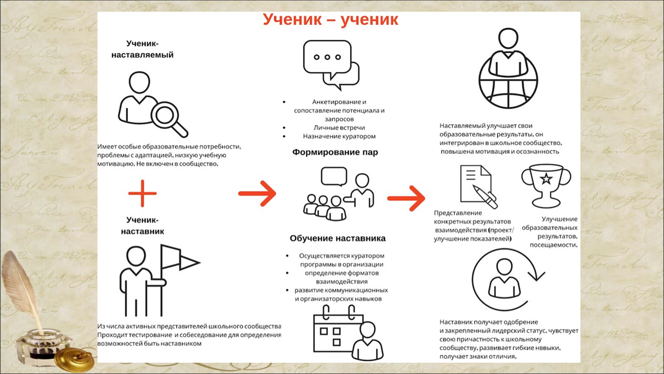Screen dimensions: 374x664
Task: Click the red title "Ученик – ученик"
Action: click(x=330, y=20)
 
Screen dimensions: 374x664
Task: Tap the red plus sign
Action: click(x=143, y=193)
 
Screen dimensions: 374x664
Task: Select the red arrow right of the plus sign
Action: click(x=257, y=193)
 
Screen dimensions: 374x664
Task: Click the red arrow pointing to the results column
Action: click(x=406, y=198)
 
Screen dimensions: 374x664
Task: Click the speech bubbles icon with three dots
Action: click(x=331, y=63)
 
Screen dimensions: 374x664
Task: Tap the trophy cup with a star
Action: click(x=546, y=185)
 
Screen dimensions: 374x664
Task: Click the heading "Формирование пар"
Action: click(x=335, y=152)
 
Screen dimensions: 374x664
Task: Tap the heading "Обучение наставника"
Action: click(x=337, y=239)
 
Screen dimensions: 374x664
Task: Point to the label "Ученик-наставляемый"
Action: click(x=143, y=49)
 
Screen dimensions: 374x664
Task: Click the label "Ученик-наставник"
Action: click(x=143, y=226)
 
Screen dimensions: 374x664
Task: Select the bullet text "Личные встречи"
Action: click(x=339, y=128)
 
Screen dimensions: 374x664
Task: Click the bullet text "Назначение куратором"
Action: click(x=339, y=136)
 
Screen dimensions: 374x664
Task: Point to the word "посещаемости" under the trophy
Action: click(x=553, y=245)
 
